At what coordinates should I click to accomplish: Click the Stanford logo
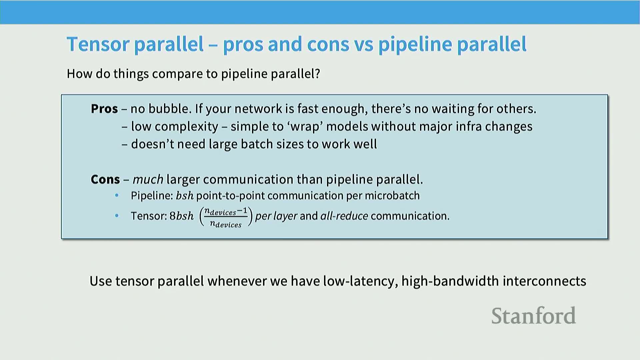click(533, 316)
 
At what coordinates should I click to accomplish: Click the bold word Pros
click(104, 109)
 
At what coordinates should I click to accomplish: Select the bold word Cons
click(105, 179)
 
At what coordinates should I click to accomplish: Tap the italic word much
click(148, 179)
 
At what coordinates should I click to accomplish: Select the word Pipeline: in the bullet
click(152, 196)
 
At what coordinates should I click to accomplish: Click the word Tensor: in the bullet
click(149, 216)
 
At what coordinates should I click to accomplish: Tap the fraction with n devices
click(226, 217)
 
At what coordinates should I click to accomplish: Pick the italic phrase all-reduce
click(344, 216)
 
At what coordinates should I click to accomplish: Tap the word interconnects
click(544, 281)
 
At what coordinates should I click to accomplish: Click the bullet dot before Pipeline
click(117, 196)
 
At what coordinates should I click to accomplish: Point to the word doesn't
click(152, 144)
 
